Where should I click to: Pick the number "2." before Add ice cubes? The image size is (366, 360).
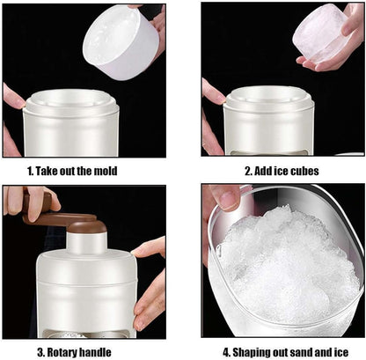tap(249, 171)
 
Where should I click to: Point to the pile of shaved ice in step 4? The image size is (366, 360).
tap(286, 264)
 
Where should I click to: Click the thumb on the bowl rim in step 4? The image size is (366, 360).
tap(225, 198)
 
